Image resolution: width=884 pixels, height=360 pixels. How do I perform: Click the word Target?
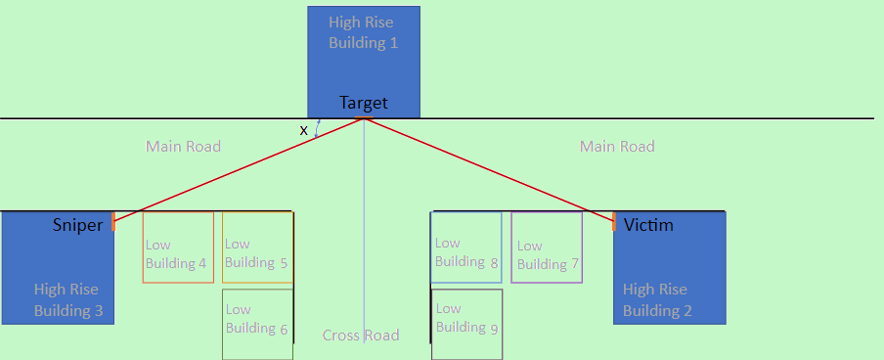[364, 103]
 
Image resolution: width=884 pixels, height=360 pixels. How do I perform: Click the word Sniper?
[77, 226]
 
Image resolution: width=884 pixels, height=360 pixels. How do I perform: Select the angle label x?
[303, 130]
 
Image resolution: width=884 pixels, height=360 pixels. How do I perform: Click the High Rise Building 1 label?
[364, 32]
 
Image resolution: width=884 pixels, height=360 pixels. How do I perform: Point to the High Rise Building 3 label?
[66, 300]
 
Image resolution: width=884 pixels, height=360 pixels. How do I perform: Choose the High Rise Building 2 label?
[656, 300]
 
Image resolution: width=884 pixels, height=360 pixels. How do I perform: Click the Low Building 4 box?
[178, 247]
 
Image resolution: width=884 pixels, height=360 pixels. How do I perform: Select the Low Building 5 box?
[257, 247]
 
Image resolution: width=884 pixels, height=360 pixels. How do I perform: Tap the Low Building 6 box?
[257, 324]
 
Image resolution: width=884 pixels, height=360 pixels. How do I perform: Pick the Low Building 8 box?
[466, 247]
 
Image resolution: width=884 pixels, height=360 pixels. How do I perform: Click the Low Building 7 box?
[547, 247]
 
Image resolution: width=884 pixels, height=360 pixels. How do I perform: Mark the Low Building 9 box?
[467, 324]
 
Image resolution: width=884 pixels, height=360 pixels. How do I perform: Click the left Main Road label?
[184, 147]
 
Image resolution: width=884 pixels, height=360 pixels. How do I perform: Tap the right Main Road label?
[617, 147]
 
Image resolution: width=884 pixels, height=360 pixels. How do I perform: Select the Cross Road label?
[361, 336]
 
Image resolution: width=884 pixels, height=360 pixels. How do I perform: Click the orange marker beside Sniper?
[113, 220]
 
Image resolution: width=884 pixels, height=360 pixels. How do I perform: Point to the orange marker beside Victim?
[614, 220]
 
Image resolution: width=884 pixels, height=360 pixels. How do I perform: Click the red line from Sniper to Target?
[240, 166]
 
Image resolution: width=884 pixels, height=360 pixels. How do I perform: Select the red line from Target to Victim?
[489, 166]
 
